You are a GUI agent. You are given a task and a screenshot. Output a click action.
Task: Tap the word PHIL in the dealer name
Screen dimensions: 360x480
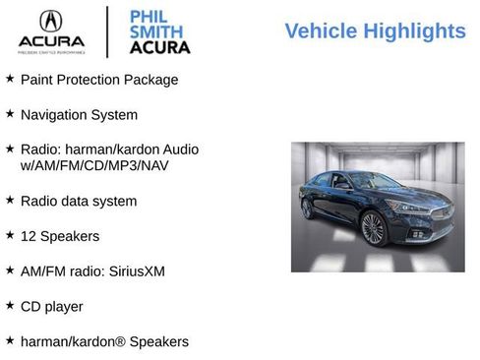coord(147,16)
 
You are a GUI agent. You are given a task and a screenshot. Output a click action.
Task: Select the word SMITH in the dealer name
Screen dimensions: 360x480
coord(152,31)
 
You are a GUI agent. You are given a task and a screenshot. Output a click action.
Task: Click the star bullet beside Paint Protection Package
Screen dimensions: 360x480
coord(10,78)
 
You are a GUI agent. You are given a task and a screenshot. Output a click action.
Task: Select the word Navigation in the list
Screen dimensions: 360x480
coord(55,114)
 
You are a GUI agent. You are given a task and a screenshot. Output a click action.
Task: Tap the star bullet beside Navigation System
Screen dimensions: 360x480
coord(10,113)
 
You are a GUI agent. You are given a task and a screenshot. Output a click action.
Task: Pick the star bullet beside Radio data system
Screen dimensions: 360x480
coord(10,200)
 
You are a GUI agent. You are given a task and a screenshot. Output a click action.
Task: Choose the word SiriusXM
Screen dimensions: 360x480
coord(134,270)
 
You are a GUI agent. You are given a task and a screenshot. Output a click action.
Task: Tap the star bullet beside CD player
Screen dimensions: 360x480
coord(10,305)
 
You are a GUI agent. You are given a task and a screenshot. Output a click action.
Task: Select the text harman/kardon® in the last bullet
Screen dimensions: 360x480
coord(69,341)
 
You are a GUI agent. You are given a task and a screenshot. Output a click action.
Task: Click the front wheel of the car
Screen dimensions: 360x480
coord(373,228)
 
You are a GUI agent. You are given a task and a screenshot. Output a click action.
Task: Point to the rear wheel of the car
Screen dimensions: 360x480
coord(307,208)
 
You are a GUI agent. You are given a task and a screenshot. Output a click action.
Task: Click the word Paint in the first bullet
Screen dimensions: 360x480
coord(37,79)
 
